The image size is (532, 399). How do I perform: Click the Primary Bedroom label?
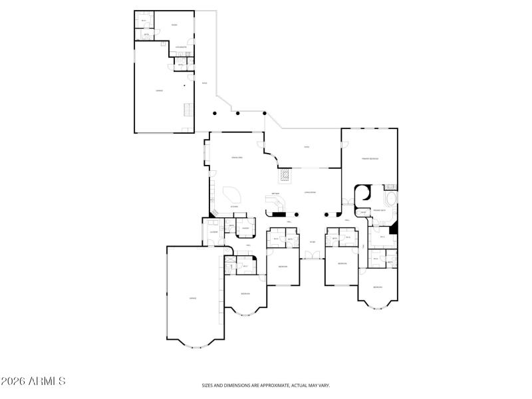click(x=370, y=159)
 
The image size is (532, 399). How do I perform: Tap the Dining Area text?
click(x=236, y=158)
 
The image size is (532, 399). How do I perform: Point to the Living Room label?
click(x=310, y=192)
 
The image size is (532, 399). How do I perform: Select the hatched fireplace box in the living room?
click(x=285, y=176)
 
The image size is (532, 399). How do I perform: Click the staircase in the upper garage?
click(x=188, y=110)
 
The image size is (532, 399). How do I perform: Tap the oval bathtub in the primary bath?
click(x=390, y=200)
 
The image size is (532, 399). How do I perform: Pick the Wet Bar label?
click(x=275, y=195)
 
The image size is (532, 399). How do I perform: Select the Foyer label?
click(x=312, y=242)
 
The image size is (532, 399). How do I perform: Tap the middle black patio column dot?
click(x=238, y=113)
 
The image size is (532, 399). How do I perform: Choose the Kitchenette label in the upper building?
click(x=180, y=47)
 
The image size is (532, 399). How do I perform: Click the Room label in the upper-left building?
click(x=174, y=25)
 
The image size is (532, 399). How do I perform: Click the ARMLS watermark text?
click(x=33, y=382)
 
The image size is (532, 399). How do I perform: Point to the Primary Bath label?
click(x=380, y=210)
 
